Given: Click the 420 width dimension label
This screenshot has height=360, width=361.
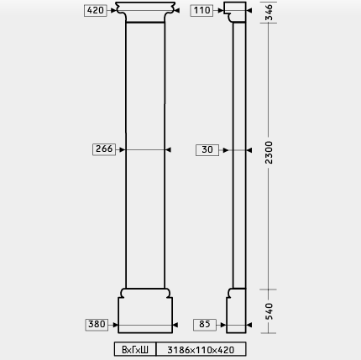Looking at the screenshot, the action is [x=96, y=11].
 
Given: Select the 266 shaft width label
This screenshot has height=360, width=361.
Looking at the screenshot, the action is [x=104, y=149].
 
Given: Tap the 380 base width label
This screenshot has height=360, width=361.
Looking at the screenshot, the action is [x=97, y=325].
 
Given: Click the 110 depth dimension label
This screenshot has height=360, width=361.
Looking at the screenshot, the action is [x=201, y=11].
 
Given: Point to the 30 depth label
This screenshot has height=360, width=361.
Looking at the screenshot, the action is [x=207, y=150].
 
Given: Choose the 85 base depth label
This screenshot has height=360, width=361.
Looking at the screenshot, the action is [x=205, y=325].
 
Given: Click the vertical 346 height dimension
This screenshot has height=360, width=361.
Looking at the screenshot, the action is [x=269, y=12].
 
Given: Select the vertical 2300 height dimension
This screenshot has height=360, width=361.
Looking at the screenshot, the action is [x=269, y=153].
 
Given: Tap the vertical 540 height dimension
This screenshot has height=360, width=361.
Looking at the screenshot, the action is [x=269, y=311].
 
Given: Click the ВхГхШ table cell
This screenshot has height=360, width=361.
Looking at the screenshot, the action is [x=135, y=349].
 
